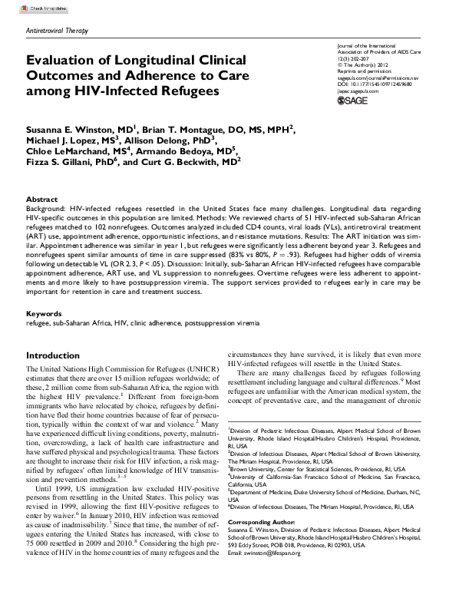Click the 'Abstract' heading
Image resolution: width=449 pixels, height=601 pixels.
coord(42,198)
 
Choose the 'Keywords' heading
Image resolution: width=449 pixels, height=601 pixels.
coord(45,315)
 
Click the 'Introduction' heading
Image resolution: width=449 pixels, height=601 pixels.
coord(52,356)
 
